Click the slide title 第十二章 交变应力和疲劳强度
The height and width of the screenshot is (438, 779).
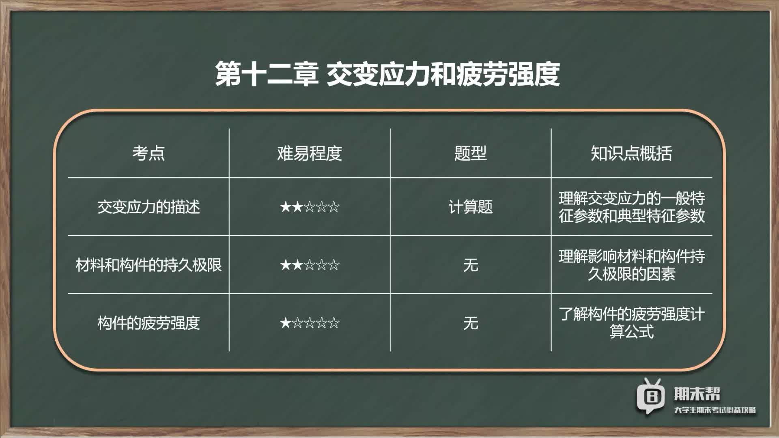point(387,74)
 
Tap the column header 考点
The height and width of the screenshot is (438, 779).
point(148,153)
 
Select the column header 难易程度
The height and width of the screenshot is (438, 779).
point(310,153)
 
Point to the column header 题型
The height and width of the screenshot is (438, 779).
point(471,153)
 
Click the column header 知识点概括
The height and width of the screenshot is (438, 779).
point(631,153)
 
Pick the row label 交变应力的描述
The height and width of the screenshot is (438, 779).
point(148,207)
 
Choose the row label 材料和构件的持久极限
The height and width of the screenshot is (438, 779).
point(148,265)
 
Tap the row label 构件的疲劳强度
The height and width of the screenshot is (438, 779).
point(148,323)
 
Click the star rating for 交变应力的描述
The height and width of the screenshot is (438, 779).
point(310,207)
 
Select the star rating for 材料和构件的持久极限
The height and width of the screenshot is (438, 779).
point(310,265)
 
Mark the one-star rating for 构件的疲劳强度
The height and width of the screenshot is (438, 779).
point(310,323)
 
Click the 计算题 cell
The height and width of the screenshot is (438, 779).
point(471,207)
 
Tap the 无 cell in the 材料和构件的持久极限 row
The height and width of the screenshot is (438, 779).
point(471,265)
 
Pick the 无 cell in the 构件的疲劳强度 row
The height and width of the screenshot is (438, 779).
point(471,323)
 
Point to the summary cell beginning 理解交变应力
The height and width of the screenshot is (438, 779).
point(631,207)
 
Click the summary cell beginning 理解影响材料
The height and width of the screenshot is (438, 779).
point(631,265)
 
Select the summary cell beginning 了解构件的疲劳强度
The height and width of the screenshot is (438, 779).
point(631,323)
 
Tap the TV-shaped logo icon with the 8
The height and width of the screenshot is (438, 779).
point(650,395)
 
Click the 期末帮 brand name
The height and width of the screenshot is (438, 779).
point(697,393)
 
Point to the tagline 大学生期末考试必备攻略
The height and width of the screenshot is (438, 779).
point(715,410)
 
